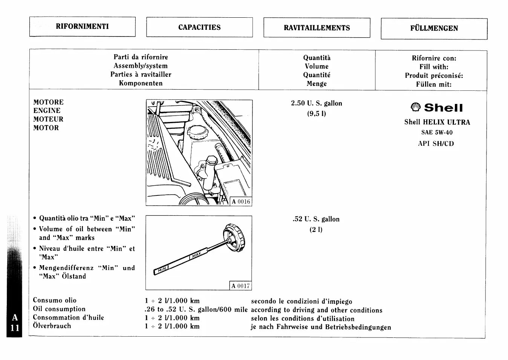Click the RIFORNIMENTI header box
[x=82, y=26]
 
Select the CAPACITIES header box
[x=199, y=27]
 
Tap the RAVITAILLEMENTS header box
[x=317, y=28]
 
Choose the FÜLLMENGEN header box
[x=434, y=28]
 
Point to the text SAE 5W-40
[x=437, y=133]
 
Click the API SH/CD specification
[x=436, y=143]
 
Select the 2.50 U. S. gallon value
[x=316, y=103]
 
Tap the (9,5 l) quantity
[x=316, y=113]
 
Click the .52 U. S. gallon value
[x=316, y=219]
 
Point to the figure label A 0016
[x=241, y=201]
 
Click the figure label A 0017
[x=240, y=286]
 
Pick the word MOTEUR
[x=48, y=119]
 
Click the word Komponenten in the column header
[x=141, y=83]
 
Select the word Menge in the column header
[x=317, y=84]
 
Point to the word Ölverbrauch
[x=52, y=326]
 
